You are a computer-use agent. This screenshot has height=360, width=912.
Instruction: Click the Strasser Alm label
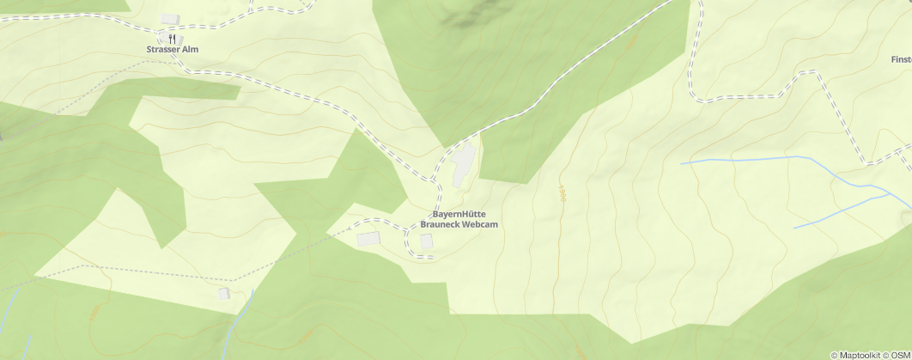pos(172,50)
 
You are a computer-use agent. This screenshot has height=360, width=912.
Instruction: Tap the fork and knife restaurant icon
pos(173,39)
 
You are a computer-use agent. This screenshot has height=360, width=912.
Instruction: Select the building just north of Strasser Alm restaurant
pos(169,19)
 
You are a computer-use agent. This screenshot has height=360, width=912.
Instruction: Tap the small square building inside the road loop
pos(426,241)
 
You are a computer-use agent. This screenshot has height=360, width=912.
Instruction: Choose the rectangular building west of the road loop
pos(368,238)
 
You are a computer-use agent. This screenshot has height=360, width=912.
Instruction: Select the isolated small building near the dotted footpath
pos(224,294)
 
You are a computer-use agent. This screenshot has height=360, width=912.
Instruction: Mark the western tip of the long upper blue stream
pos(682,162)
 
